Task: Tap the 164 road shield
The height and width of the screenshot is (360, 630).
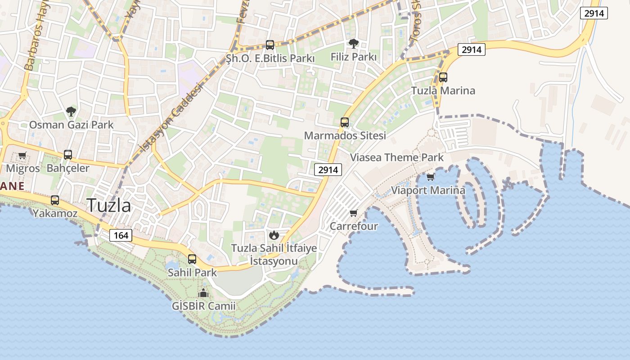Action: [121, 235]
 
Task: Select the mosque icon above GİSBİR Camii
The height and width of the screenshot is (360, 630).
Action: [203, 293]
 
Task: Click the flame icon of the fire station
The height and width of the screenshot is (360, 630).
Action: [274, 234]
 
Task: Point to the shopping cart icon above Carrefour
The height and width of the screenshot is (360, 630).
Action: [354, 213]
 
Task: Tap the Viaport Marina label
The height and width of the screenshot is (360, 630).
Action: [428, 190]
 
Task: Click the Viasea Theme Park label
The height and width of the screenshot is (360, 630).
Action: [397, 157]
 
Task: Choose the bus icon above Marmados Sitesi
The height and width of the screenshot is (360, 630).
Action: [345, 122]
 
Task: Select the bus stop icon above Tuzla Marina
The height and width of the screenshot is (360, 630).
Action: [443, 77]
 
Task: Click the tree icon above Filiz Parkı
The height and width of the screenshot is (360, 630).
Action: [354, 44]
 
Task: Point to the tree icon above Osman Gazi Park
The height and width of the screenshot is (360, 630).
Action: [71, 111]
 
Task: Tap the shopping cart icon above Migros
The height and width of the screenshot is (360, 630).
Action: [22, 156]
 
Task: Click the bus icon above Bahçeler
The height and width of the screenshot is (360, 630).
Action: [68, 155]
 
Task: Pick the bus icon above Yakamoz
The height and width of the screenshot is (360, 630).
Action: [55, 200]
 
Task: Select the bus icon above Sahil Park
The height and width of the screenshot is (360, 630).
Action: [192, 259]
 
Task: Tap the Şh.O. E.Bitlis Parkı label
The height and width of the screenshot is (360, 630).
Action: [270, 58]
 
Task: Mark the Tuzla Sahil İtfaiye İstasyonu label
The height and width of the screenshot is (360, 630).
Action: [274, 255]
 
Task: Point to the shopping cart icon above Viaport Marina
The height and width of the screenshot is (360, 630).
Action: [431, 177]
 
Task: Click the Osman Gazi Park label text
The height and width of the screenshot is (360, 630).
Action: [71, 125]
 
